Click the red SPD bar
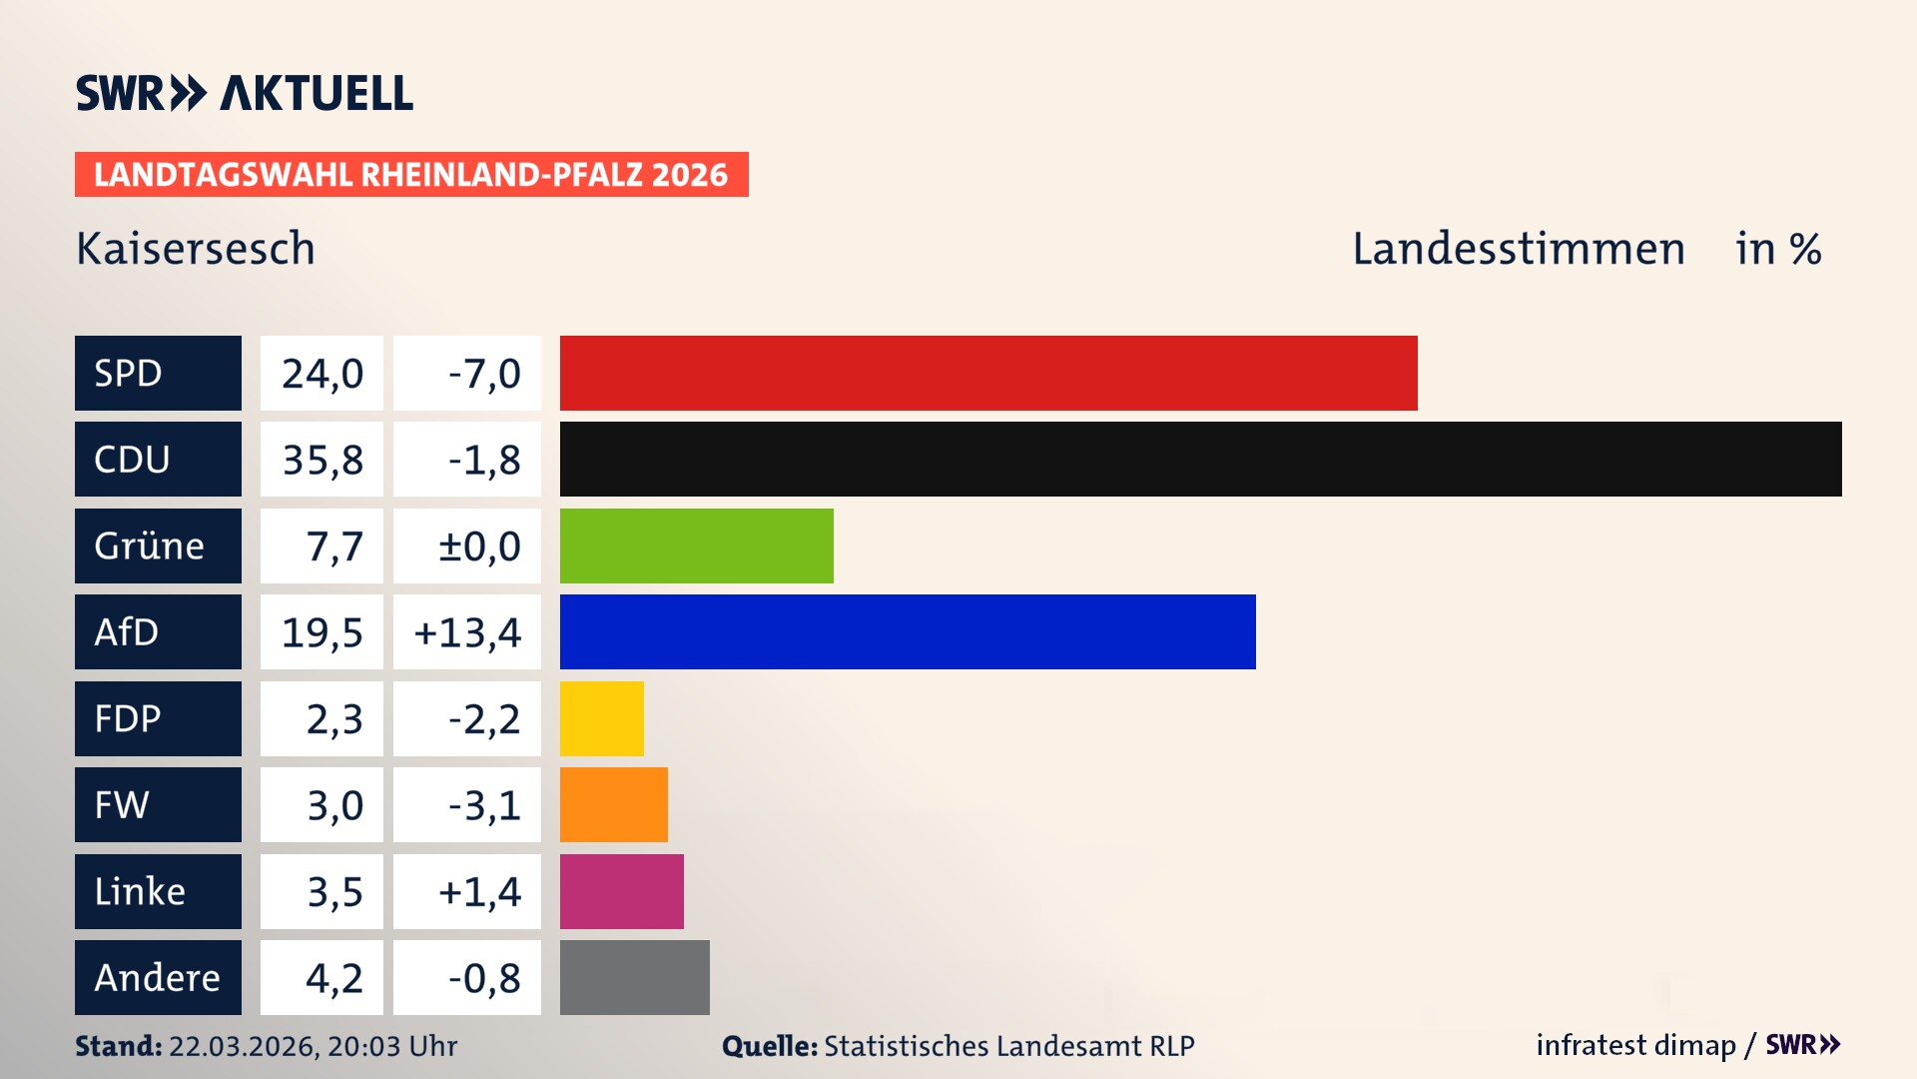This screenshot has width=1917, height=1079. tap(988, 373)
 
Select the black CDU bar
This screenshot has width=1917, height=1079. tap(1200, 459)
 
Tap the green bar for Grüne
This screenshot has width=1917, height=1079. tap(696, 545)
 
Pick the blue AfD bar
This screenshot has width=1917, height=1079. tap(908, 631)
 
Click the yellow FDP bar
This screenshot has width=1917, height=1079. tap(601, 718)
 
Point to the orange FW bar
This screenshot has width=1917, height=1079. tap(613, 804)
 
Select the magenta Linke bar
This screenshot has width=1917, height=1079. tap(621, 891)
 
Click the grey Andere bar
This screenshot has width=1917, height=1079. tap(634, 977)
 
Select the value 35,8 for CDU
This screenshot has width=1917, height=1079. tap(321, 460)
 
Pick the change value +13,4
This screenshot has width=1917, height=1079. tap(467, 632)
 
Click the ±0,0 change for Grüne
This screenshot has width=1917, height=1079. tap(478, 546)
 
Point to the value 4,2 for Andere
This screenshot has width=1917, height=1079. tap(333, 978)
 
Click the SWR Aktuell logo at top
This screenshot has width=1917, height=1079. tap(245, 93)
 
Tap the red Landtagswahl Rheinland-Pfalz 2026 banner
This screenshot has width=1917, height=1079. tap(410, 174)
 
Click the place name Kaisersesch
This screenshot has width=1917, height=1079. tap(196, 248)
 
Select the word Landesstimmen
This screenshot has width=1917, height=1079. tap(1518, 248)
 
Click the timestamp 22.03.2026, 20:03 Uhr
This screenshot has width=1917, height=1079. tap(313, 1046)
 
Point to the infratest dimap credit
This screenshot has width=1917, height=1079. tap(1635, 1045)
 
